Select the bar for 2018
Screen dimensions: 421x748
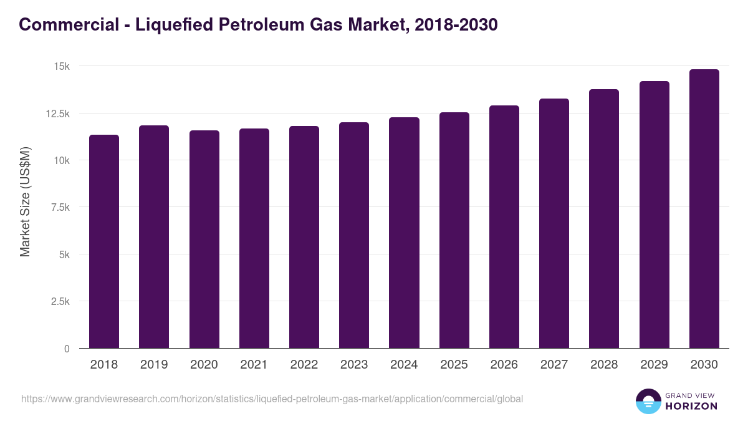[104, 241]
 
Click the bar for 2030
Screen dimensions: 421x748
[704, 209]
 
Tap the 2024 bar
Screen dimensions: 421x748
[404, 233]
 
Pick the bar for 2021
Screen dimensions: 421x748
[254, 238]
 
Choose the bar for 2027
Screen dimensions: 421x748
[554, 223]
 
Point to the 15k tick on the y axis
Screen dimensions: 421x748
[60, 66]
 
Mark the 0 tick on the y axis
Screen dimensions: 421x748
[67, 349]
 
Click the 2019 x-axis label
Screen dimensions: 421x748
[154, 365]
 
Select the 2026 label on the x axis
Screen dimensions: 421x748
[504, 365]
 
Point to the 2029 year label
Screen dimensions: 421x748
[654, 365]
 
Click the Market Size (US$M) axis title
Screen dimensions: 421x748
[25, 201]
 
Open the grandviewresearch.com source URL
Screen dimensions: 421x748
[272, 399]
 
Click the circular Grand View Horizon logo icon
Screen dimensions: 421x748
[648, 401]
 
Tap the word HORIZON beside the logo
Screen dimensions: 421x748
[692, 406]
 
